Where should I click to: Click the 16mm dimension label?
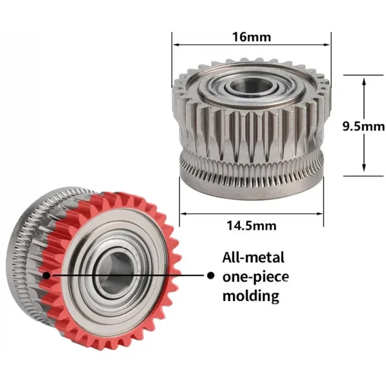click(250, 37)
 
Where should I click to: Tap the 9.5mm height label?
click(363, 126)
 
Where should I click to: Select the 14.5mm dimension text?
click(252, 225)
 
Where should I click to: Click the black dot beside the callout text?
click(210, 275)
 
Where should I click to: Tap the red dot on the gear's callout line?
click(46, 275)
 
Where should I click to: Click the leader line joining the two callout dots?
click(129, 275)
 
